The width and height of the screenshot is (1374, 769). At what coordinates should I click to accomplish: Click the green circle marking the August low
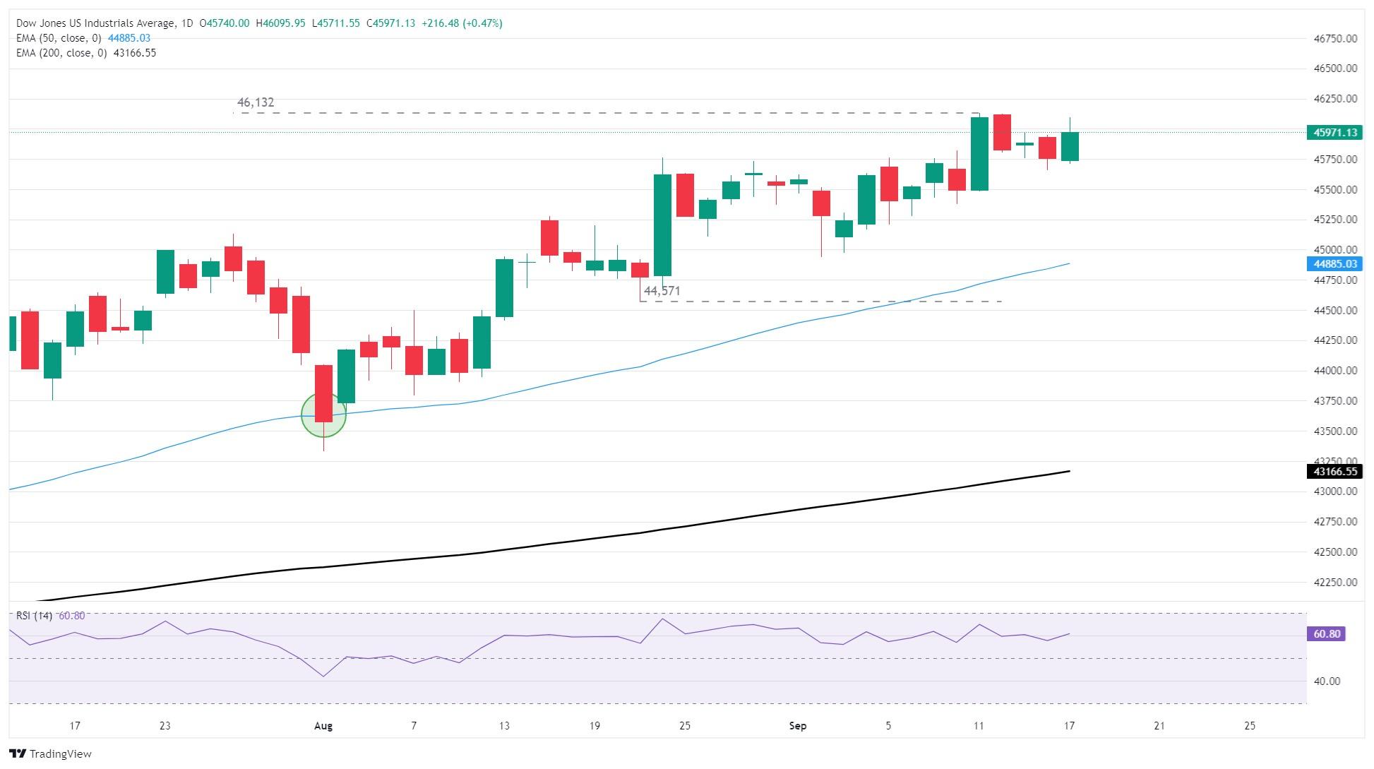click(x=323, y=415)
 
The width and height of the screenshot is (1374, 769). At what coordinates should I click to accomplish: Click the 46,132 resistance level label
click(x=256, y=102)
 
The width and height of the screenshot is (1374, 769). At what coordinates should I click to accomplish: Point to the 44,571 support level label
click(x=662, y=291)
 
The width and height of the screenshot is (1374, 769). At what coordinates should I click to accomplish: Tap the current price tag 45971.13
click(x=1332, y=132)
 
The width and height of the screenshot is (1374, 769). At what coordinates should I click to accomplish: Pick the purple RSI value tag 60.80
click(x=1327, y=634)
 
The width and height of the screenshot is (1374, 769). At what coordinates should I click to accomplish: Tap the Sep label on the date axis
click(x=798, y=725)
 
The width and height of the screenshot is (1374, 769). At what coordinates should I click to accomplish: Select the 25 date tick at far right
click(x=1250, y=725)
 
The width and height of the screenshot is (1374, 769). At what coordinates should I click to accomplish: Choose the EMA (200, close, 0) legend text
click(x=61, y=53)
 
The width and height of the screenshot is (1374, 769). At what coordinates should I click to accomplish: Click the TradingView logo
click(x=51, y=753)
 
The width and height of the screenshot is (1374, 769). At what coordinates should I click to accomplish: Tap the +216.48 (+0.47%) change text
click(x=462, y=23)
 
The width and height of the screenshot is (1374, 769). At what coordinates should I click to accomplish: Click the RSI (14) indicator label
click(x=34, y=616)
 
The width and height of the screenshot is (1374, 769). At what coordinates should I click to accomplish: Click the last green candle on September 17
click(x=1070, y=147)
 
